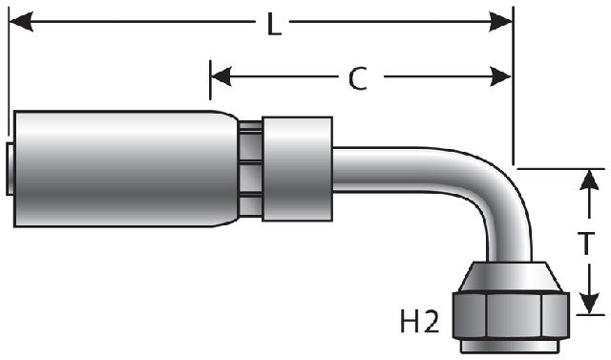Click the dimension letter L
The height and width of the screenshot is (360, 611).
coord(274,25)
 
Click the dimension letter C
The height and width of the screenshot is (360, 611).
coord(356,79)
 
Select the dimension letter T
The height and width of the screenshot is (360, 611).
coord(592,243)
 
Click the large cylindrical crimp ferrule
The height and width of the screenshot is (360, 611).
coord(124,169)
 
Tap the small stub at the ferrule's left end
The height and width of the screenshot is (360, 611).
coord(10,169)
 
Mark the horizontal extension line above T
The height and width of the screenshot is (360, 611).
coord(563,168)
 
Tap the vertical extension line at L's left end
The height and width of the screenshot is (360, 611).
coord(8,67)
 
